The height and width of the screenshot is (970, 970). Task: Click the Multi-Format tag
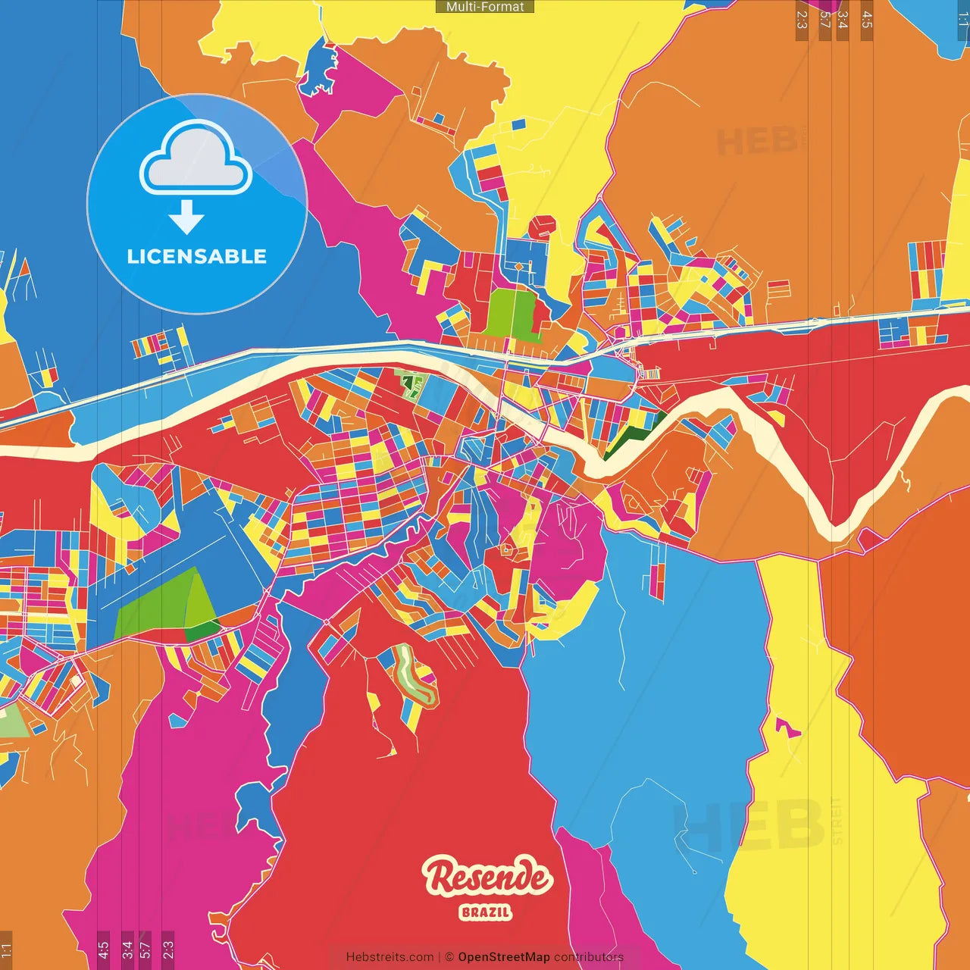click(485, 7)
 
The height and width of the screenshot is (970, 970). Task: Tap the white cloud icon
click(196, 161)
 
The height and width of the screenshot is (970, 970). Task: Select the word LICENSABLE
click(197, 256)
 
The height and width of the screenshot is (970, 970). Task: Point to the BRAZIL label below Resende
click(486, 912)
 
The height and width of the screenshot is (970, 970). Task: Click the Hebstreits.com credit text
click(390, 957)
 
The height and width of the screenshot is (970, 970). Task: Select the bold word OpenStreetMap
click(504, 957)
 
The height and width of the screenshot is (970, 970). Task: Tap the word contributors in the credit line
click(589, 957)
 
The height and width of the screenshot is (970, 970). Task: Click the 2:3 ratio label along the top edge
click(802, 20)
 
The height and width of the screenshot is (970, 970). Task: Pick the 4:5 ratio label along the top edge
click(867, 20)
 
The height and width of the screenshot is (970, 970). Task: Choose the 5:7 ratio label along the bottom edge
click(145, 949)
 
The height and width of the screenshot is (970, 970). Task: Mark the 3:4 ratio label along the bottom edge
click(127, 949)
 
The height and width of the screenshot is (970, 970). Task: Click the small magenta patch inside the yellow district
click(787, 727)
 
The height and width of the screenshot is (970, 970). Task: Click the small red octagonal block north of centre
click(542, 227)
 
